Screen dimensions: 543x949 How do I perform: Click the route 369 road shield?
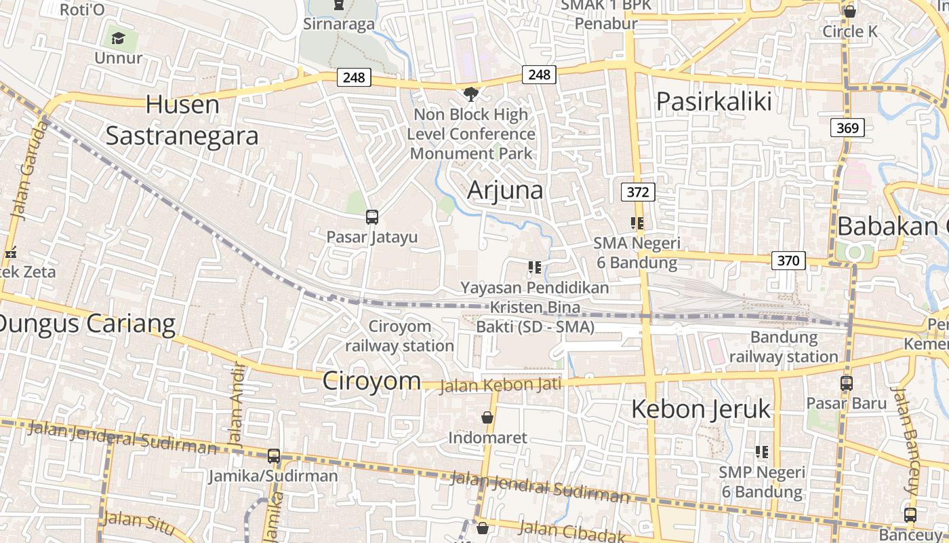click(x=847, y=128)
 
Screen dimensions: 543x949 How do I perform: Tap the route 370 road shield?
click(x=788, y=260)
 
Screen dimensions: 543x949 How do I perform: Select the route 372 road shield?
click(x=638, y=192)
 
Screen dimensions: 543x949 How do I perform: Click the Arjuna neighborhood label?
click(x=505, y=190)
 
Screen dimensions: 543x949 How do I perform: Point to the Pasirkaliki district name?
click(x=714, y=102)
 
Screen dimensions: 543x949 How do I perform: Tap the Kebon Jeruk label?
click(x=701, y=409)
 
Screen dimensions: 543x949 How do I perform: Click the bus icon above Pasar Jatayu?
click(x=372, y=217)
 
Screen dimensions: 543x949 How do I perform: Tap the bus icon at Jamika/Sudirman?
click(x=274, y=456)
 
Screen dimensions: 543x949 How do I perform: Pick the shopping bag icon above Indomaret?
click(x=487, y=417)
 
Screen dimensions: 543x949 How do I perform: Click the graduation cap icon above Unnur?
click(x=119, y=38)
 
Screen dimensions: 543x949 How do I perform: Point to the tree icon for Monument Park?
click(x=470, y=94)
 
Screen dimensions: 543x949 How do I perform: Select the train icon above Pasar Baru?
click(x=847, y=383)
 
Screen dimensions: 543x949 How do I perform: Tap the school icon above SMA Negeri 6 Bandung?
click(x=637, y=223)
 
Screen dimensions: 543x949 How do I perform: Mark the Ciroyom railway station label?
click(x=400, y=336)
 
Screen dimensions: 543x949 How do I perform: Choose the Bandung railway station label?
click(x=784, y=347)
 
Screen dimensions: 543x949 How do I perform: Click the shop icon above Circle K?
click(x=849, y=12)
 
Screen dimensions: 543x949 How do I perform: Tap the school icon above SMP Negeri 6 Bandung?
click(x=762, y=452)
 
